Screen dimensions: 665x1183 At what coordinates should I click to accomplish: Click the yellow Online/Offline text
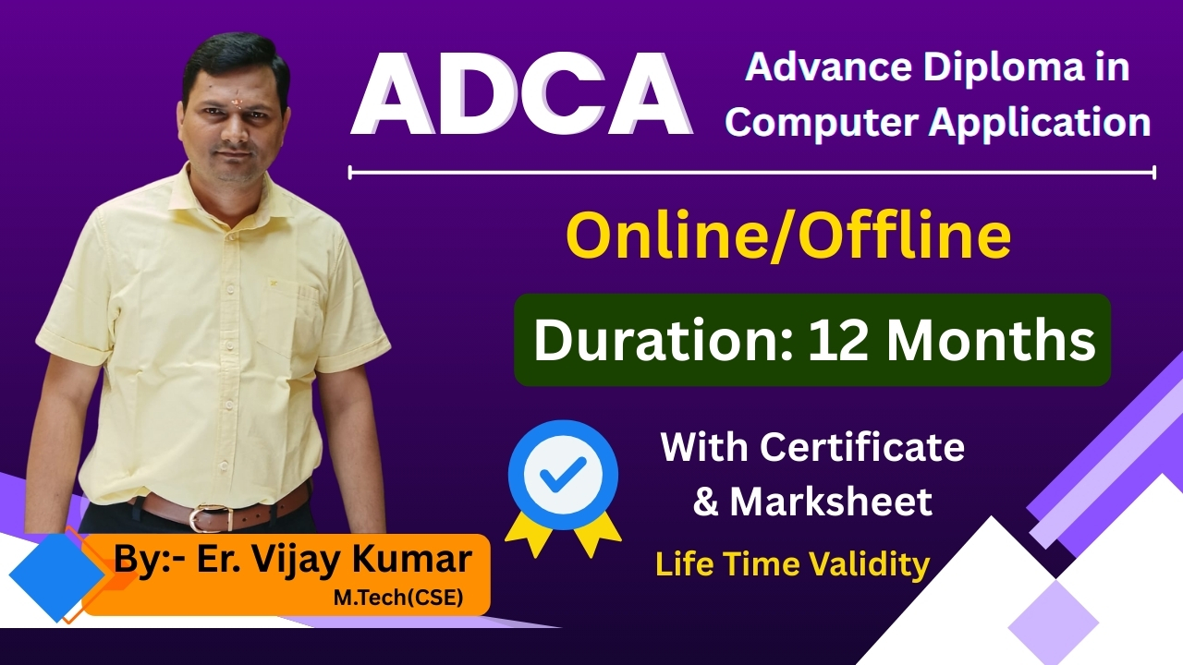787,236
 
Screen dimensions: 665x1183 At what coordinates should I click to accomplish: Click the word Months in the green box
991,341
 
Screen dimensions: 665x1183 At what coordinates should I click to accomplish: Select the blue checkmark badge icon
563,479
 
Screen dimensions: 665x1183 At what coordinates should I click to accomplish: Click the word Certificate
862,448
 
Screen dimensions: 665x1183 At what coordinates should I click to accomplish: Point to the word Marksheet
831,502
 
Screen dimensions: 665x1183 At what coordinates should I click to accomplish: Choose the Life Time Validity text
792,564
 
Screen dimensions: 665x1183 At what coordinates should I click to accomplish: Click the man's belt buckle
199,516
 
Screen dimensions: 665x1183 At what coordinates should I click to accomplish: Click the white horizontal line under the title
751,172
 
